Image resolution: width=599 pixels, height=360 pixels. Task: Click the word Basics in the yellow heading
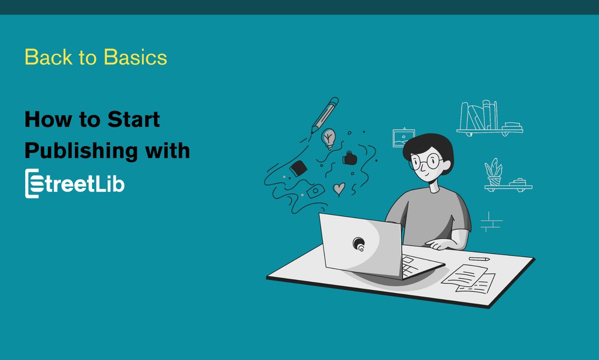(x=135, y=57)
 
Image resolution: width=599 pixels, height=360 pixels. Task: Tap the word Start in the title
(x=134, y=119)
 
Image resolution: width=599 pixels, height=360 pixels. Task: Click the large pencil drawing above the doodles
(x=324, y=115)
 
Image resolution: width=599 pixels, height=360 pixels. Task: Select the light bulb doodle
(x=329, y=138)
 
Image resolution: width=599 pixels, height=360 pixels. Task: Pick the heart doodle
(x=339, y=188)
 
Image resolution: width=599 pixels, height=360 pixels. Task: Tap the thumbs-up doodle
(x=350, y=158)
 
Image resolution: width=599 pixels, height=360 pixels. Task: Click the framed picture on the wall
(x=404, y=138)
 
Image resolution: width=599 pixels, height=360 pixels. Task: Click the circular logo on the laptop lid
(x=359, y=244)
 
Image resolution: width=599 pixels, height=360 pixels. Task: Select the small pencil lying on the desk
(x=479, y=258)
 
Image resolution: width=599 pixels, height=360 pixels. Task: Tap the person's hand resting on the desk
(x=439, y=245)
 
